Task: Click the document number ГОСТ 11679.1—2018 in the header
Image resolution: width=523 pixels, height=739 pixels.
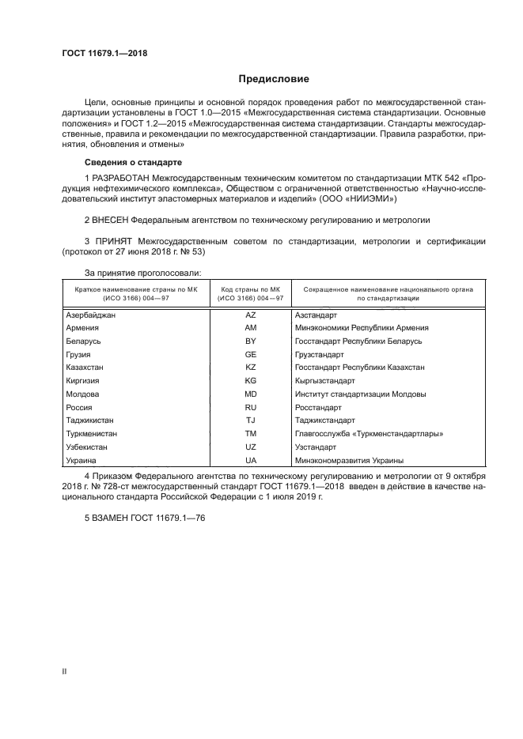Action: [105, 54]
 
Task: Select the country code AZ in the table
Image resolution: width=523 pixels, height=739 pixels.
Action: [251, 315]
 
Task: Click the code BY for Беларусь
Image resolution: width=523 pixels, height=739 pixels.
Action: [251, 341]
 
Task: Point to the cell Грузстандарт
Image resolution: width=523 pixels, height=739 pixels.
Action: [319, 354]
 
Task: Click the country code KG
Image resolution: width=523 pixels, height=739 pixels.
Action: [251, 380]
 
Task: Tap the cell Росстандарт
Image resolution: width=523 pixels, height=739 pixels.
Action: [317, 407]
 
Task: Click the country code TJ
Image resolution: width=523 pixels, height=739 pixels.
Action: [251, 420]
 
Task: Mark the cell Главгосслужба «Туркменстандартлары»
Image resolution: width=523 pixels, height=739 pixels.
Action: [368, 433]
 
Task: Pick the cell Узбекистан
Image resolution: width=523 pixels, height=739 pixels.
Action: [87, 447]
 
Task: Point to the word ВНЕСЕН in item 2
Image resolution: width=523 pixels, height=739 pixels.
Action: [111, 217]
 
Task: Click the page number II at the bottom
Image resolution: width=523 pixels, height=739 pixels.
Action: [64, 671]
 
